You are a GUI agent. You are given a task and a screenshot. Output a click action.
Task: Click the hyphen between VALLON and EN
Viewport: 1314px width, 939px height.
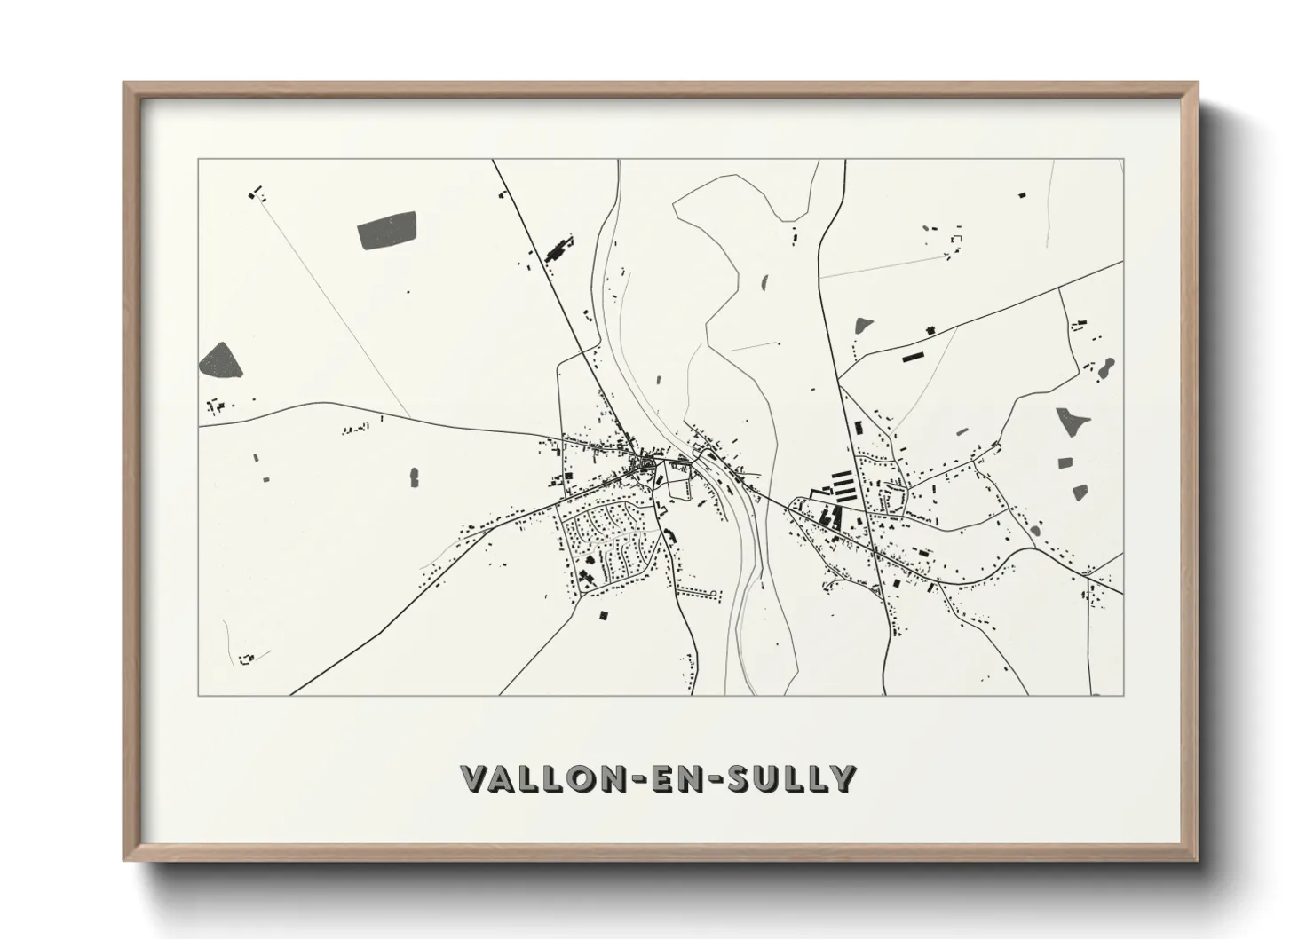(645, 779)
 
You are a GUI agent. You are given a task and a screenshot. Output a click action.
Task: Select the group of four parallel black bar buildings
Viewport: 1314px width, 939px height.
(840, 485)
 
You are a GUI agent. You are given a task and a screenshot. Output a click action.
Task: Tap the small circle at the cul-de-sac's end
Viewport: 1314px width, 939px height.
(709, 591)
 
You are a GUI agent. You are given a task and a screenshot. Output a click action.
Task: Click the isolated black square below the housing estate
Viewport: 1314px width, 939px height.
(604, 614)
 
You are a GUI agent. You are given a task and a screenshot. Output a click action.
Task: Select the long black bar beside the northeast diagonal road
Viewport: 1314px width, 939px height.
(912, 357)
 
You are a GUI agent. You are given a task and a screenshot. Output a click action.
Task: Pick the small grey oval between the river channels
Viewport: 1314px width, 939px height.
(765, 284)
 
